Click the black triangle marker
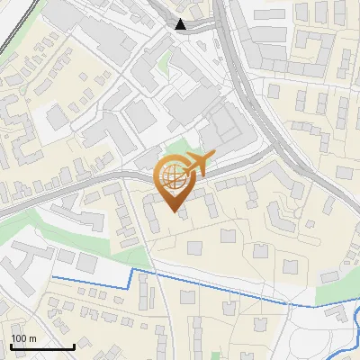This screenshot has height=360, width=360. (182, 24)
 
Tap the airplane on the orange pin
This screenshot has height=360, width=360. (196, 165)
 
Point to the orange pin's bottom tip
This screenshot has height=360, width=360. (175, 214)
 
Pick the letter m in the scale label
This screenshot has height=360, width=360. (33, 338)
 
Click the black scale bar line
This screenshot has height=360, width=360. (41, 346)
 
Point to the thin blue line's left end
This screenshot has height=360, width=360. (52, 278)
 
